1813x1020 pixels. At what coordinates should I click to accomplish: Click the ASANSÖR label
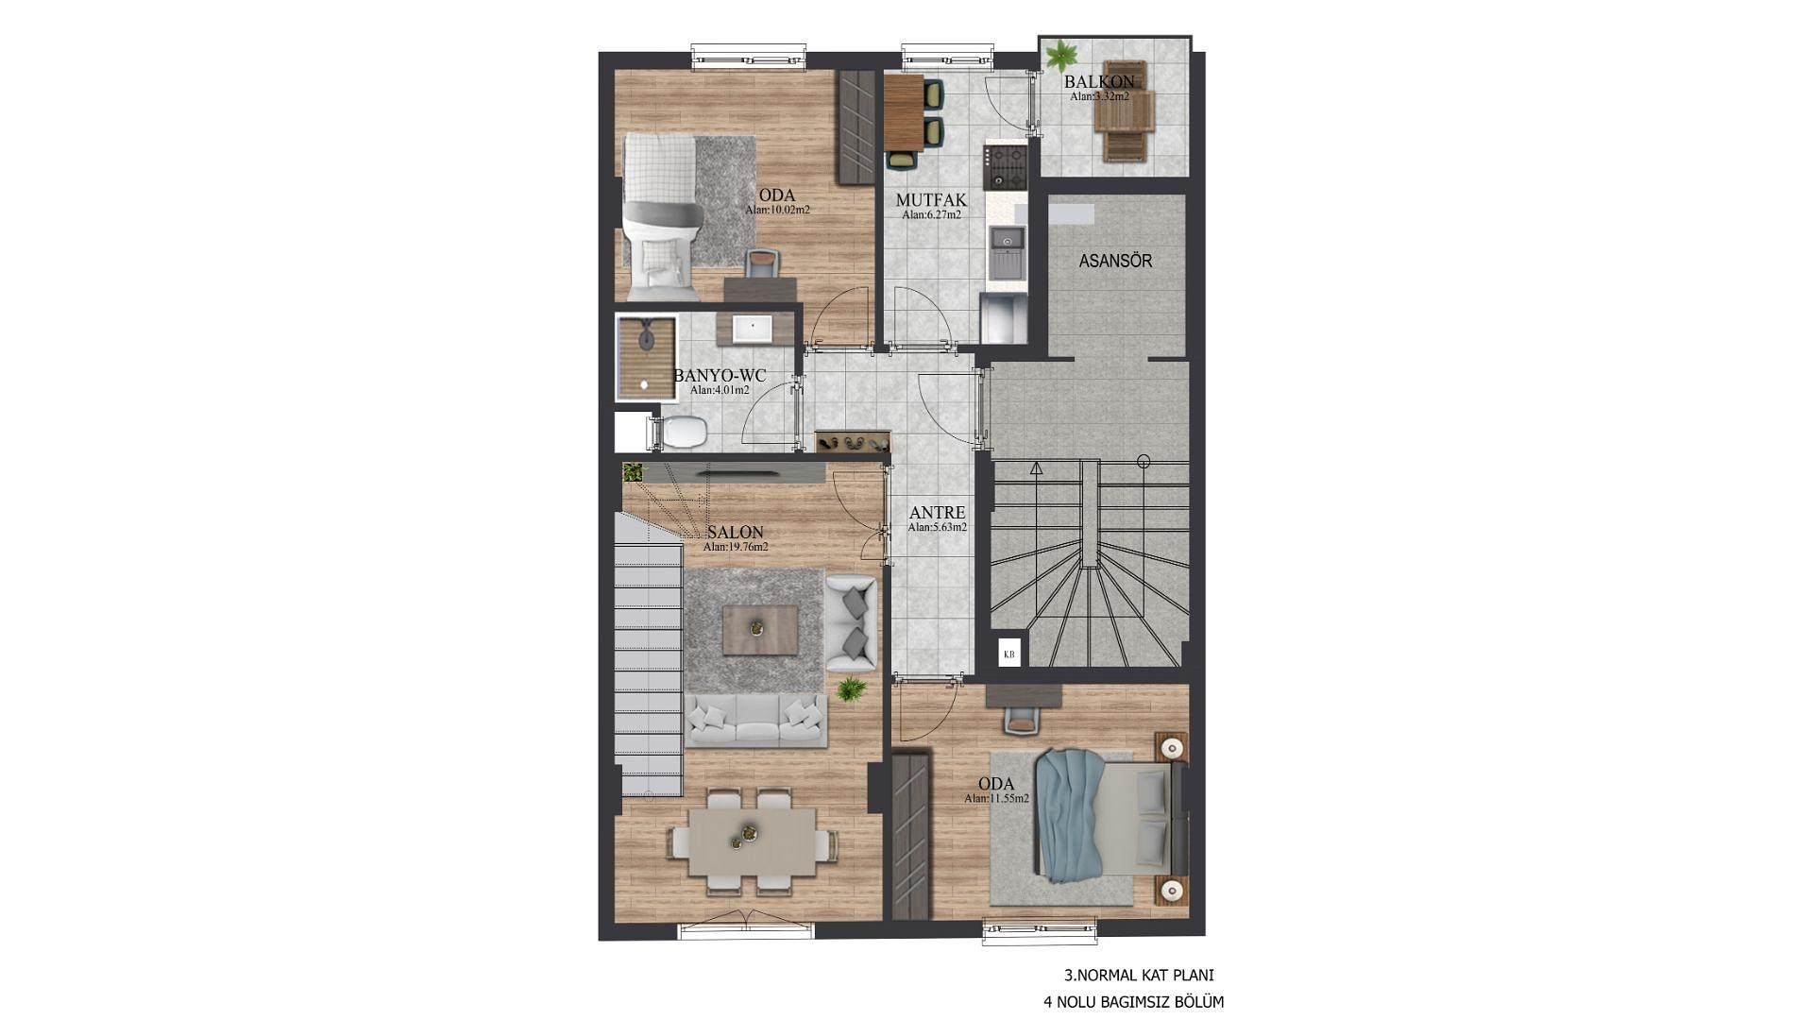tap(1115, 261)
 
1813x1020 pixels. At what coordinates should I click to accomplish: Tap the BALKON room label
tap(1099, 82)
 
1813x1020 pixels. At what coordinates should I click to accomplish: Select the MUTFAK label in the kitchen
tap(931, 200)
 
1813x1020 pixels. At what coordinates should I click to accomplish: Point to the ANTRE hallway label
tap(937, 513)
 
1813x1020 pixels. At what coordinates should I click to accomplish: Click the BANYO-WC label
tap(720, 376)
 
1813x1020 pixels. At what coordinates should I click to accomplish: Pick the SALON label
tap(735, 533)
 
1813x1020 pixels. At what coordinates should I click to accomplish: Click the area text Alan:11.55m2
tap(996, 798)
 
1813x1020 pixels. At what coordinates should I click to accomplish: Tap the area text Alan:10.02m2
tap(777, 210)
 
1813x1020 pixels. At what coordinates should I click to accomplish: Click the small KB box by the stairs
tap(1009, 654)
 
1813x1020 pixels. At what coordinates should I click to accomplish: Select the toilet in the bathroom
tap(678, 433)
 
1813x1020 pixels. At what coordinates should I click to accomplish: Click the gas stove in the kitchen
tap(1005, 166)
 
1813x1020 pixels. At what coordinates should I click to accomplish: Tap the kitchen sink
tap(1007, 243)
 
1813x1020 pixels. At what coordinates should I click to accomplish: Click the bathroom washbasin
tap(753, 329)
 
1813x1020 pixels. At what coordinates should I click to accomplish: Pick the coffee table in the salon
tap(759, 630)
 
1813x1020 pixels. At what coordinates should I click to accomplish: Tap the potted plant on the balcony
tap(1061, 52)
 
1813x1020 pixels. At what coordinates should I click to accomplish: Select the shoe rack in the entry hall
tap(852, 442)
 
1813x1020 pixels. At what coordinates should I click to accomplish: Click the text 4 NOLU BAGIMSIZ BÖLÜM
tap(1133, 1002)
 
